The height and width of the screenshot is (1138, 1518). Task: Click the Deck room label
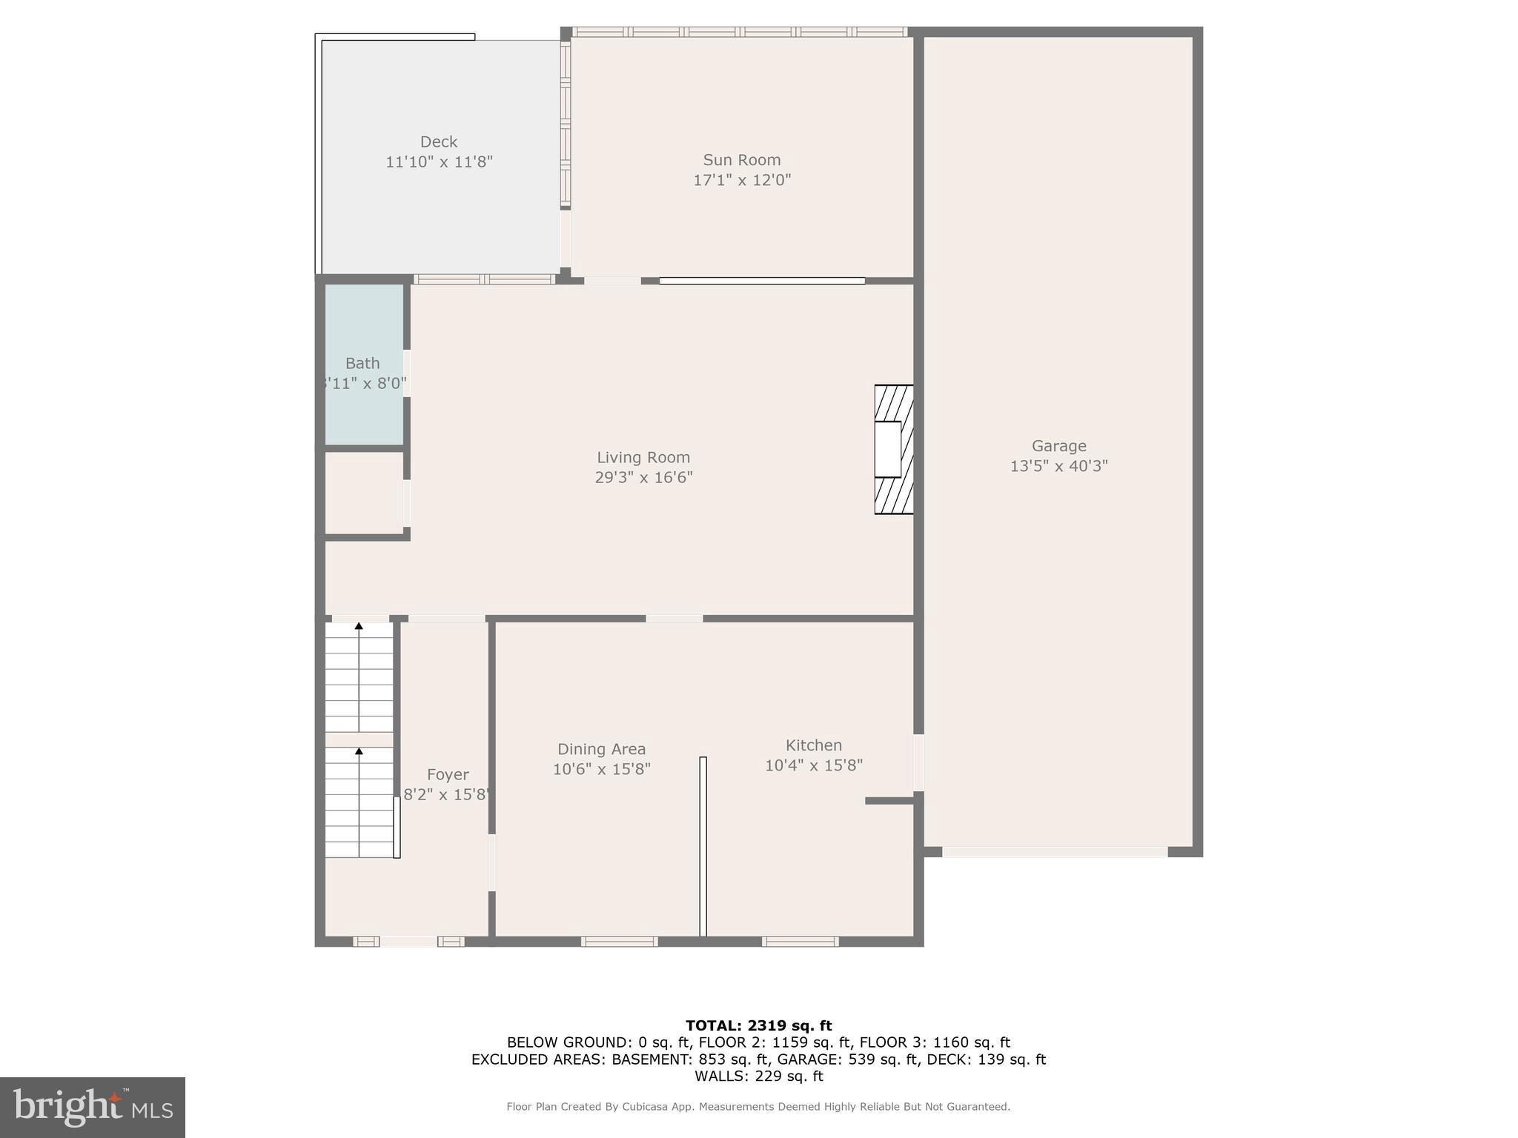pyautogui.click(x=439, y=142)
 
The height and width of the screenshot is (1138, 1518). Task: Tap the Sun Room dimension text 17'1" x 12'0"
pyautogui.click(x=742, y=180)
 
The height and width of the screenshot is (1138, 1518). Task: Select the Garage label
pyautogui.click(x=1058, y=446)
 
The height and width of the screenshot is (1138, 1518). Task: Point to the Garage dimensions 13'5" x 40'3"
pyautogui.click(x=1058, y=466)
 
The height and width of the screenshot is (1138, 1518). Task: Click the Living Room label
pyautogui.click(x=643, y=458)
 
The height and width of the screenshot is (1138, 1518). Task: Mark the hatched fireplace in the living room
pyautogui.click(x=894, y=450)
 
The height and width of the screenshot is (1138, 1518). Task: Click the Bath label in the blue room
pyautogui.click(x=362, y=364)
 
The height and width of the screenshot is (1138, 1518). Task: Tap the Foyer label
pyautogui.click(x=448, y=775)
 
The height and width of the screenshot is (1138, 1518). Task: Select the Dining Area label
pyautogui.click(x=601, y=749)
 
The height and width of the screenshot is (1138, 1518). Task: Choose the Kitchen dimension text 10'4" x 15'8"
pyautogui.click(x=814, y=765)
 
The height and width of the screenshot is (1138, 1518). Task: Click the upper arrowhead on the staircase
pyautogui.click(x=359, y=626)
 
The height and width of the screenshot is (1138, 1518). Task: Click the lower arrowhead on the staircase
pyautogui.click(x=359, y=751)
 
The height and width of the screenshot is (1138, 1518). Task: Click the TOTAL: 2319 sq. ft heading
pyautogui.click(x=758, y=1025)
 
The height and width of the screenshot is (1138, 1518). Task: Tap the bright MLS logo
pyautogui.click(x=93, y=1107)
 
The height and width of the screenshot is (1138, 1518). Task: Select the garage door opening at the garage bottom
pyautogui.click(x=1054, y=852)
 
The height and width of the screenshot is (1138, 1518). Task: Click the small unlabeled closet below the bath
pyautogui.click(x=364, y=493)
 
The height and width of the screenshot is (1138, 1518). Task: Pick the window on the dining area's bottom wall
pyautogui.click(x=619, y=942)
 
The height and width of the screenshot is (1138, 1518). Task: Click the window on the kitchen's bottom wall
pyautogui.click(x=800, y=942)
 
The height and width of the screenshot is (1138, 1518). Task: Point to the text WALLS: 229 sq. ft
pyautogui.click(x=758, y=1076)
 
